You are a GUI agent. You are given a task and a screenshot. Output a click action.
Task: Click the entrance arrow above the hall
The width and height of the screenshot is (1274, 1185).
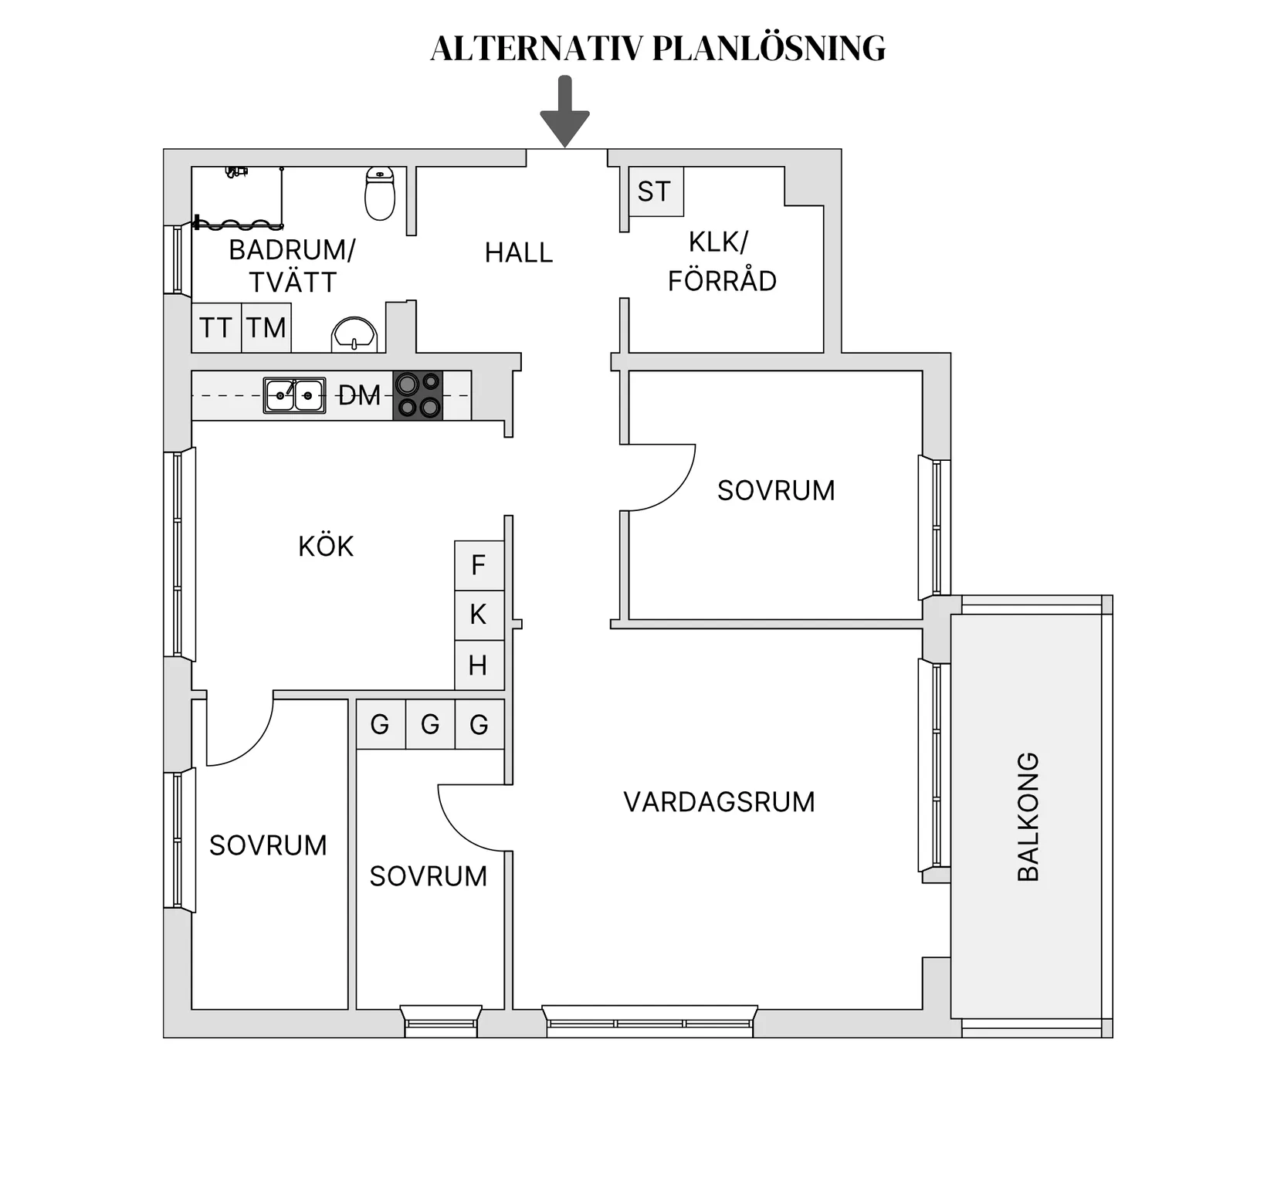coord(564,112)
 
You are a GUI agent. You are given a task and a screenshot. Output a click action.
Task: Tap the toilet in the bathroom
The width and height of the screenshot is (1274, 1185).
coord(379,194)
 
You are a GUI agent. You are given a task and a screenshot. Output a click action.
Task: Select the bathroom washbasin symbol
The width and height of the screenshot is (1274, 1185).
coord(354,335)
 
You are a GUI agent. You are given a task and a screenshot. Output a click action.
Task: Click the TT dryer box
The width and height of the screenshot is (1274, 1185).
coord(216,328)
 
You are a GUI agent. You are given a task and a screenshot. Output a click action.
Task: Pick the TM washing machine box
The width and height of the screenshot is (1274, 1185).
coord(266,328)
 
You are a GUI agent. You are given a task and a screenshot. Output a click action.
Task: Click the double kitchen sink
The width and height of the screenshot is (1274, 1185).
coord(294,395)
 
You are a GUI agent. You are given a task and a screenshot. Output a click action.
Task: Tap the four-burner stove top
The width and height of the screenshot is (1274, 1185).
coord(418,395)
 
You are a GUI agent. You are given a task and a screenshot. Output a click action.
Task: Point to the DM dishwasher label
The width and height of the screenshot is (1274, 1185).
coord(359,396)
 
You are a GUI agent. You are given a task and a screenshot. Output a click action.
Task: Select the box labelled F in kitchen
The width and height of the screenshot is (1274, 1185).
coord(479,565)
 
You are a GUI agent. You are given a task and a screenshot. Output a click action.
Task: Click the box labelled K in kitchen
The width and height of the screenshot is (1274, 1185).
coord(479,615)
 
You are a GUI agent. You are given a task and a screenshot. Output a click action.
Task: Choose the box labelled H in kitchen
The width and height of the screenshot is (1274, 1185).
coord(479,665)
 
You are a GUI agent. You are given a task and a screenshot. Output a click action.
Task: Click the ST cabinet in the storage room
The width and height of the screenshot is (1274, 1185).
coord(655,191)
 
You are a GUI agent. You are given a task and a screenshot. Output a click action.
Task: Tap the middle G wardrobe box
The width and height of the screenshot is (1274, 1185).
coord(430,724)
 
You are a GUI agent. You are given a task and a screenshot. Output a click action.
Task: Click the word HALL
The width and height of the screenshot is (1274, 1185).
coord(519,253)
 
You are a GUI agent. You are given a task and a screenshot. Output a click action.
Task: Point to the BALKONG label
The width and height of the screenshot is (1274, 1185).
coord(1028,817)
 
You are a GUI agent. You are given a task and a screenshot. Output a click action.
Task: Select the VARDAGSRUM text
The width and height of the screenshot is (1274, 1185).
coord(719,802)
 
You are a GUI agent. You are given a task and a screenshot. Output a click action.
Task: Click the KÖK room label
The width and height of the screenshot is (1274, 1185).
coord(326,547)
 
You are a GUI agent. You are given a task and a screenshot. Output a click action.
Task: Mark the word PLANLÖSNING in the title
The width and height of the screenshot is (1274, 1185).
coord(769,48)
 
